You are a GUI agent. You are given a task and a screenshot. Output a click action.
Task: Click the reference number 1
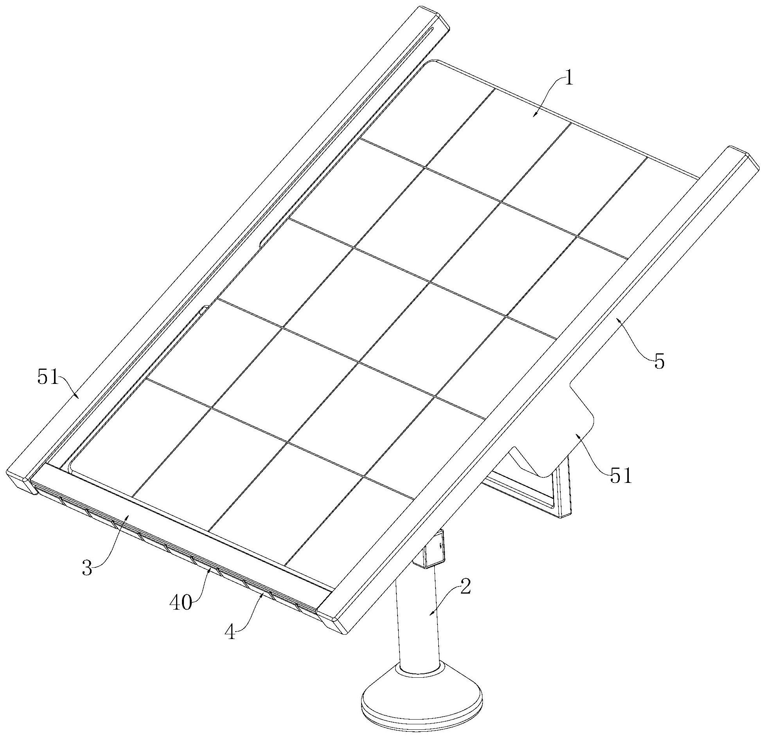569,79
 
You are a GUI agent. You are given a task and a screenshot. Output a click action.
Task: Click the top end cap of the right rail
741,157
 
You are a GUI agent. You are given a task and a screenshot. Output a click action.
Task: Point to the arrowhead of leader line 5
617,318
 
